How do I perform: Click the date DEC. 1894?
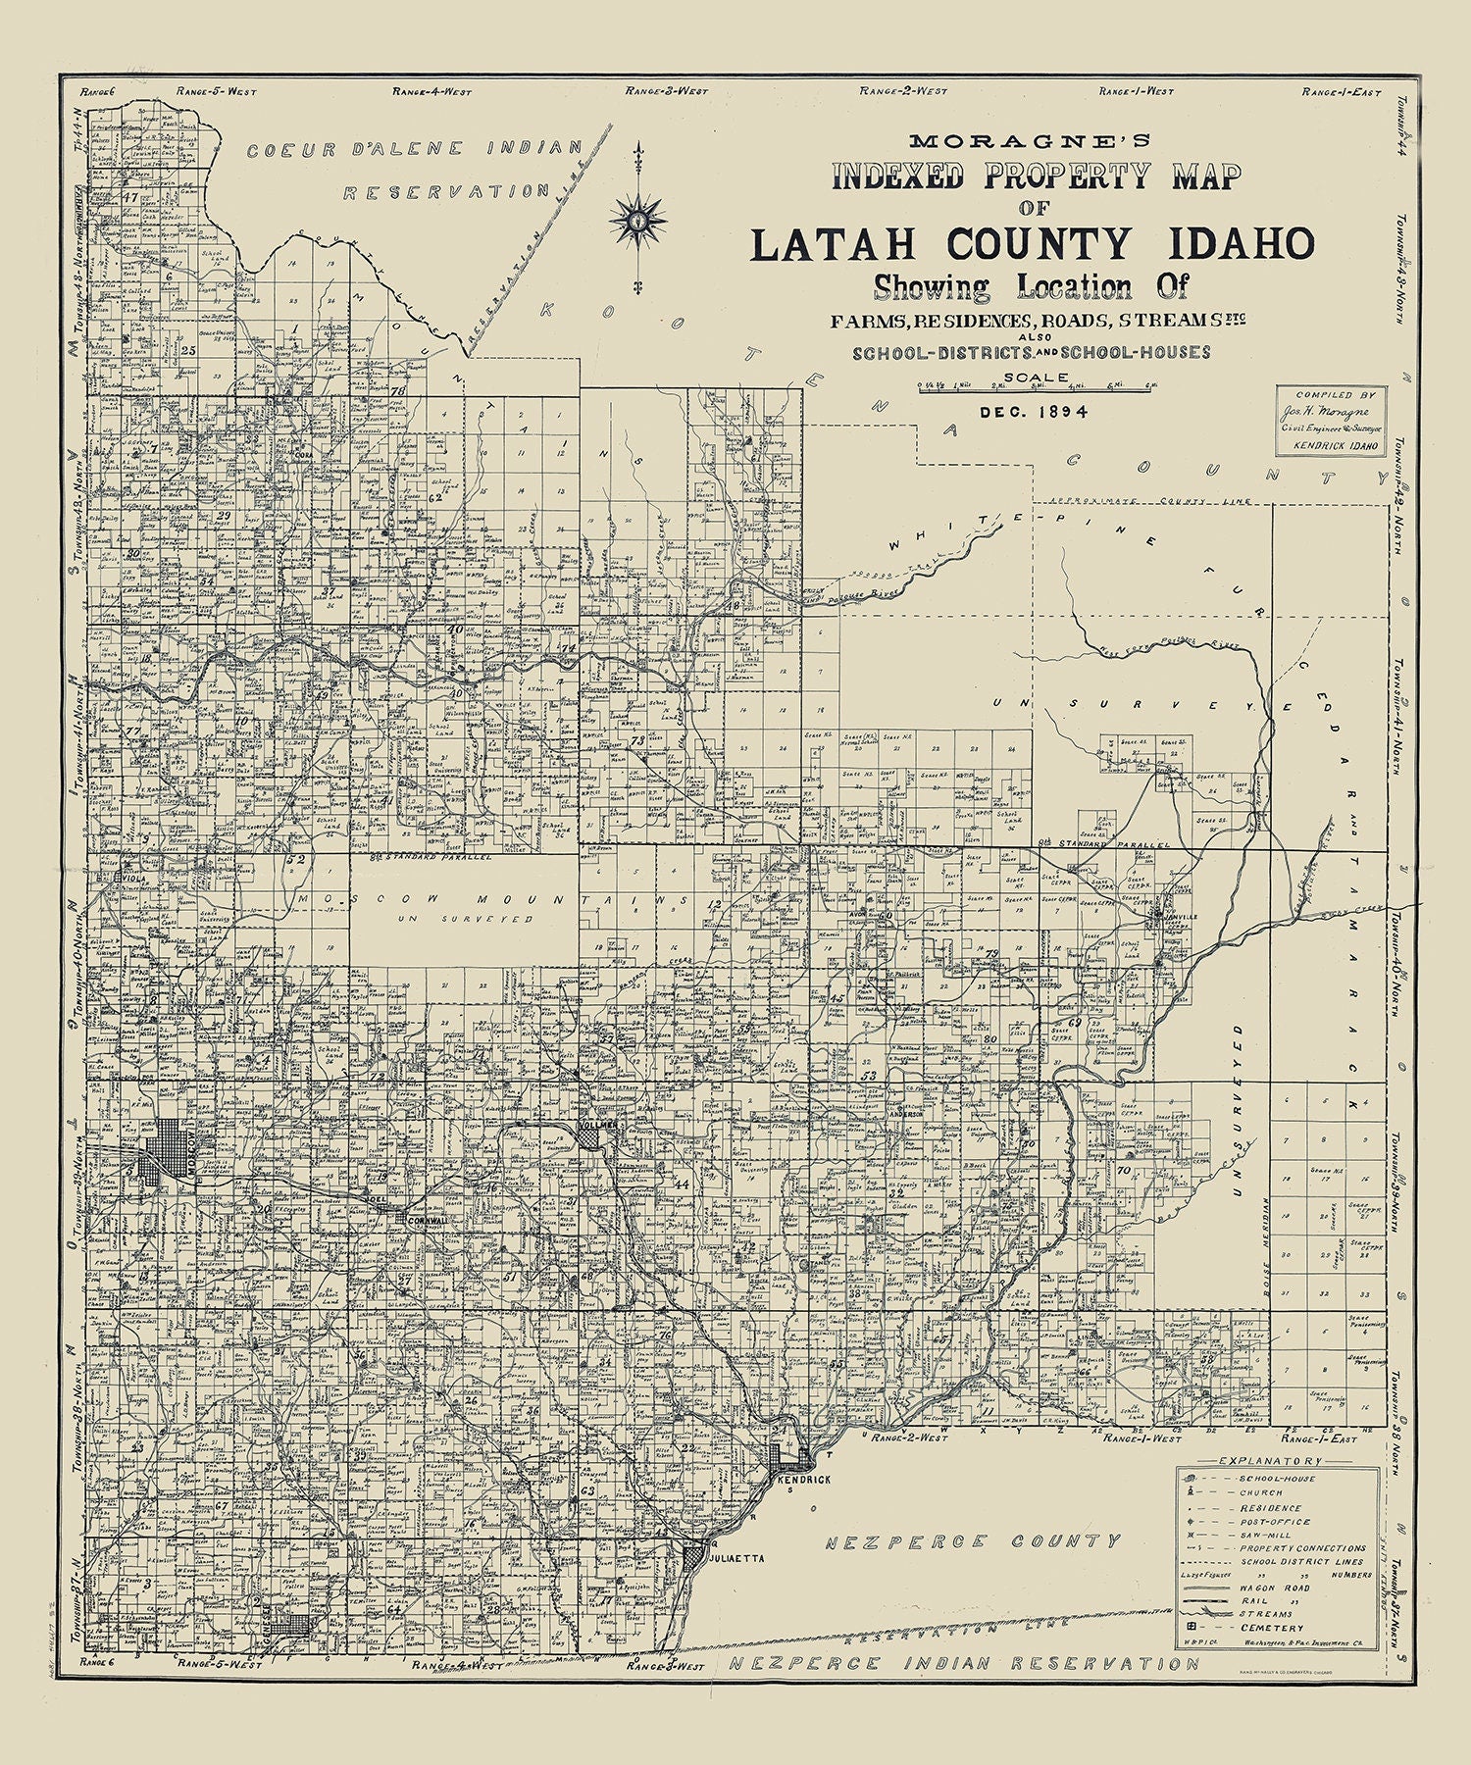(x=1034, y=412)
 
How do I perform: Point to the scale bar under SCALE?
(x=1034, y=390)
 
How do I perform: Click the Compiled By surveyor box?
(x=1331, y=419)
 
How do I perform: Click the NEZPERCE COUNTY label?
(x=971, y=1542)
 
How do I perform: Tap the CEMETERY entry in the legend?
(x=1271, y=1629)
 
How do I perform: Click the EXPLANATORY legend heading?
(x=1279, y=1461)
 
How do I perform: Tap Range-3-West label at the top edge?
(x=668, y=91)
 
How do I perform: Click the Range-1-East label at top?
(x=1341, y=92)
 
